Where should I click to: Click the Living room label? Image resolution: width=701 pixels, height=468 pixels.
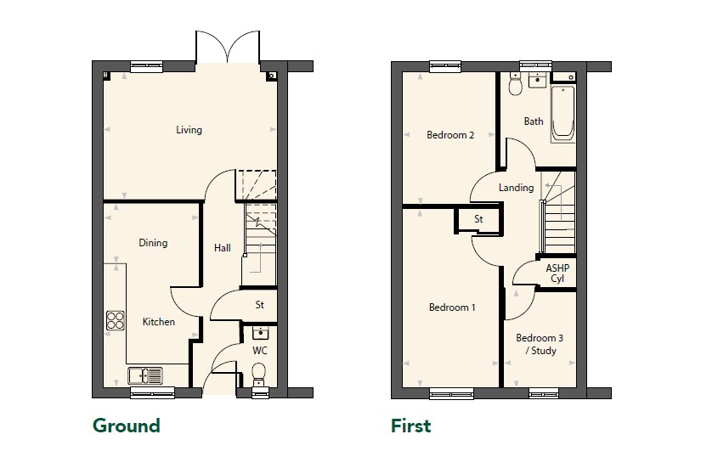(x=189, y=130)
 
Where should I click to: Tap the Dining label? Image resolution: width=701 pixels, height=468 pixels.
(x=153, y=243)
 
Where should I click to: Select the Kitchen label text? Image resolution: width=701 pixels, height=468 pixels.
(x=158, y=322)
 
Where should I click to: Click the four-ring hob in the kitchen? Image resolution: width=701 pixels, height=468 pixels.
(x=116, y=320)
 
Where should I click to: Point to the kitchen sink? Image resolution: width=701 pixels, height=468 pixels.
(x=144, y=376)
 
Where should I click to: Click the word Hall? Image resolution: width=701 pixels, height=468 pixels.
(x=222, y=248)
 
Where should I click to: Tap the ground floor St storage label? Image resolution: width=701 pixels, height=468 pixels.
(x=259, y=305)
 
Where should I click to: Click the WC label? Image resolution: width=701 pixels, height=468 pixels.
(x=260, y=351)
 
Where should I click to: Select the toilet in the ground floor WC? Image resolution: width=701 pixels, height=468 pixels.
(x=259, y=375)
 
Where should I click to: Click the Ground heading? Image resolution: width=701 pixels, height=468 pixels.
(x=126, y=426)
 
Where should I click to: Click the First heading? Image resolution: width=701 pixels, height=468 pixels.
(x=411, y=426)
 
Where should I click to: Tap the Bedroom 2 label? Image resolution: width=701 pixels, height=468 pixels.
(x=450, y=135)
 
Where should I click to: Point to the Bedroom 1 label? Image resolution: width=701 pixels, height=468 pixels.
(x=452, y=307)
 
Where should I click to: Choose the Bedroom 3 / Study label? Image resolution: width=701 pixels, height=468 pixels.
(x=540, y=344)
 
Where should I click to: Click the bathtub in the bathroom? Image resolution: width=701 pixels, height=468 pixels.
(x=562, y=114)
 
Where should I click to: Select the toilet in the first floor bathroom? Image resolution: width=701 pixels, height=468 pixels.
(x=516, y=84)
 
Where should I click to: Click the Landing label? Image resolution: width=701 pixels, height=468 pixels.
(x=516, y=188)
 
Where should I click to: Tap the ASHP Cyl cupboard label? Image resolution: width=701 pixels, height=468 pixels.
(x=557, y=273)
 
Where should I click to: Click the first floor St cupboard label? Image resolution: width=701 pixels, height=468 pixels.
(x=478, y=219)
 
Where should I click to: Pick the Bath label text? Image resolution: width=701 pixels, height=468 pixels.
(x=534, y=121)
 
